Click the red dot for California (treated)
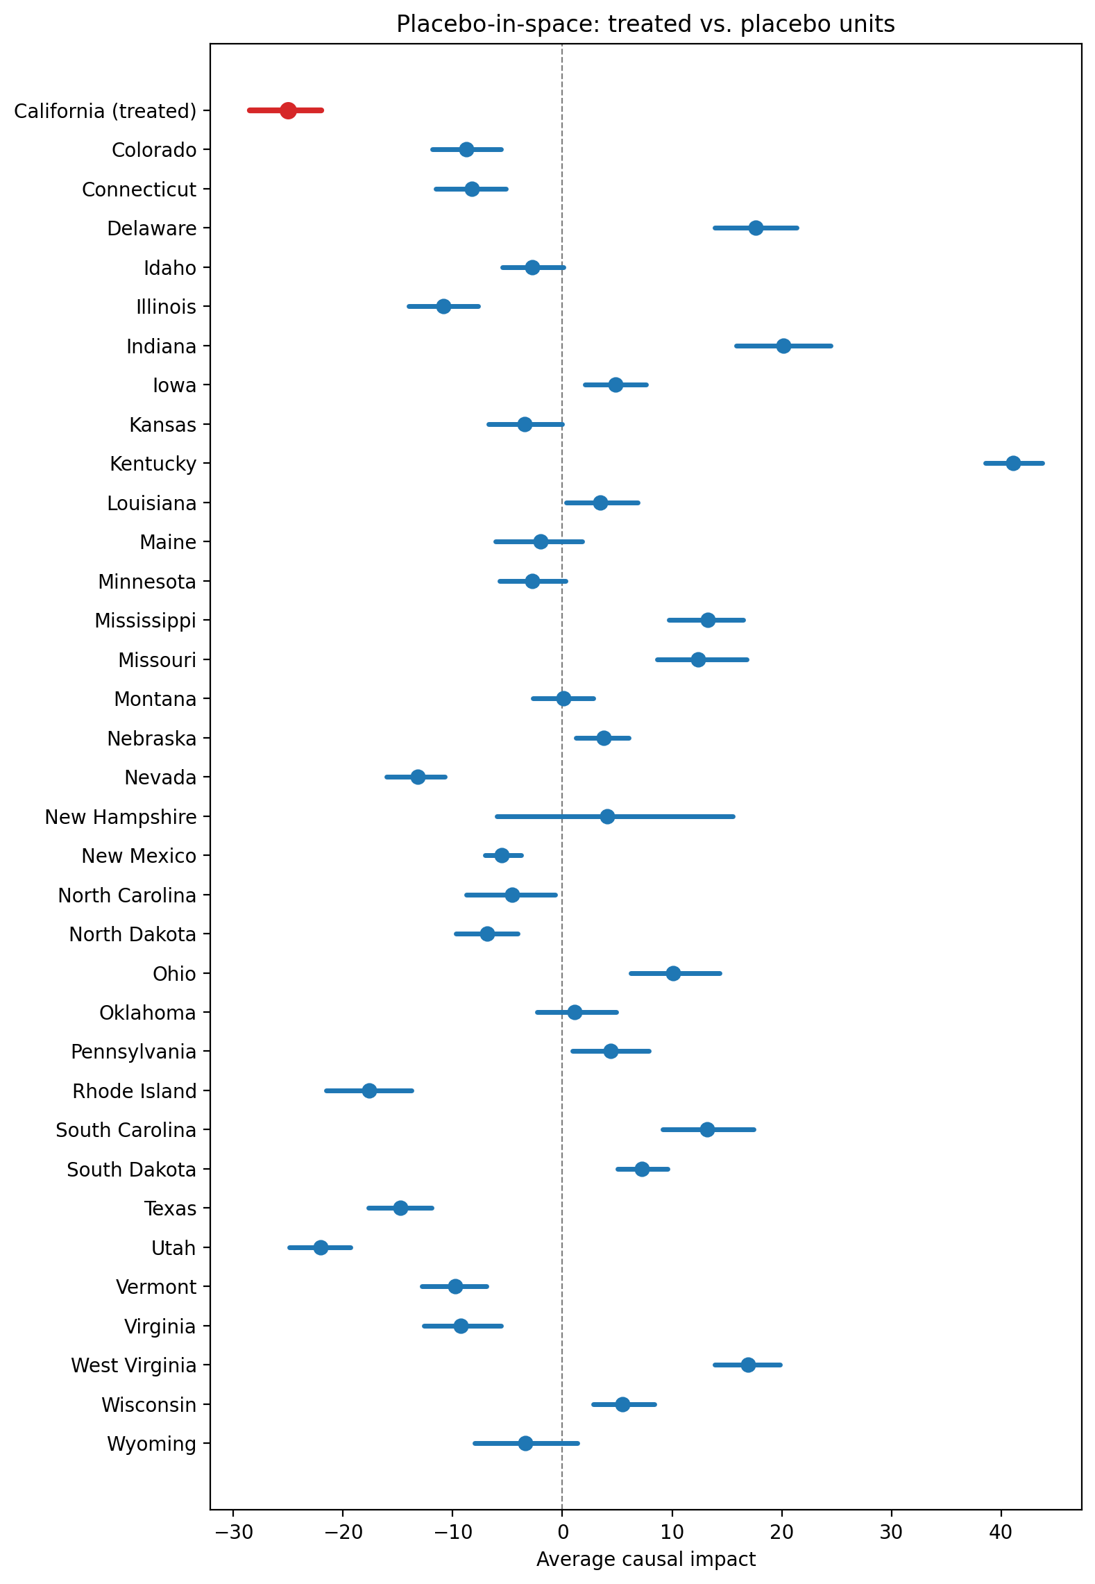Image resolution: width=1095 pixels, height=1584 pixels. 288,110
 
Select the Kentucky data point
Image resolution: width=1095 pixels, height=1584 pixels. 1013,463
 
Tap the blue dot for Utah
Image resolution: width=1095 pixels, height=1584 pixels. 321,1247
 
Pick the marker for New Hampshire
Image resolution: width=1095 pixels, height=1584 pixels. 607,816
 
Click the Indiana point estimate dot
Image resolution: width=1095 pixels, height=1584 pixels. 783,346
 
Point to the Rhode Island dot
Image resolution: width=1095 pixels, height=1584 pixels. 369,1090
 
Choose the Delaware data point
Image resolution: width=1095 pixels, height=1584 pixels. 756,228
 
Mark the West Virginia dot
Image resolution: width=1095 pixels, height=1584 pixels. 748,1365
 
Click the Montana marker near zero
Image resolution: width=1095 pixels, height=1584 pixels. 563,698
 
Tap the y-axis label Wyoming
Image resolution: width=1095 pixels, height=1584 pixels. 151,1444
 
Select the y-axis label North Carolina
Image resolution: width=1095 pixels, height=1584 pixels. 127,895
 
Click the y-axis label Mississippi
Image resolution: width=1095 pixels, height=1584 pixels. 145,621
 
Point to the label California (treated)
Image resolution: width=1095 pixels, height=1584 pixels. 105,111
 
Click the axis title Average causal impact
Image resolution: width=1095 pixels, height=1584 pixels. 645,1559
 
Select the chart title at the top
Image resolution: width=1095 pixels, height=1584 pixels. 645,24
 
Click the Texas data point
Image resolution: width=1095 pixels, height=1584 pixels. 400,1208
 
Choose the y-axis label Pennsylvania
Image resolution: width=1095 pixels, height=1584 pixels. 133,1052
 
